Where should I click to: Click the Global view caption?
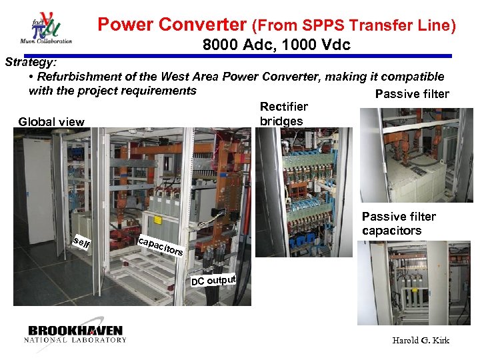point(51,121)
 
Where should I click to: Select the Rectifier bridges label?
point(283,114)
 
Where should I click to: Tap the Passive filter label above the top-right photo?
point(412,94)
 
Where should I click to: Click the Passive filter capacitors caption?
point(399,223)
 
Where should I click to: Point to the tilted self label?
point(82,244)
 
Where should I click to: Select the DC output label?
point(214,278)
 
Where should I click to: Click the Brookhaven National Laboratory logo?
point(75,334)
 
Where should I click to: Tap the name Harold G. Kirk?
point(421,341)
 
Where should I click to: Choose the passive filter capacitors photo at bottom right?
point(413,283)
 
